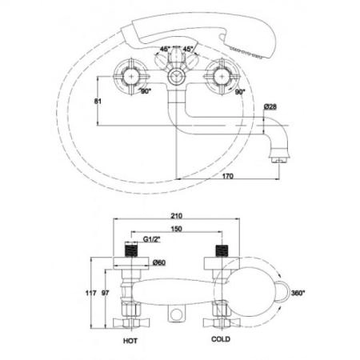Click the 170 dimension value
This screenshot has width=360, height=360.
227,176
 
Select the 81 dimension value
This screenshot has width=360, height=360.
98,102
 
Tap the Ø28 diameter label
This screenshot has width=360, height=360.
270,106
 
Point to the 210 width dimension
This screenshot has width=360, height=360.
177,216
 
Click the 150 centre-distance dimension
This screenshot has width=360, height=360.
177,229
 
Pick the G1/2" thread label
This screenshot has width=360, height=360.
152,239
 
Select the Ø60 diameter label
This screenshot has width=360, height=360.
159,262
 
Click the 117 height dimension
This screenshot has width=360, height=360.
90,293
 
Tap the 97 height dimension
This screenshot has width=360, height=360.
106,293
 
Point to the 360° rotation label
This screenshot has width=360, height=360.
298,293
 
